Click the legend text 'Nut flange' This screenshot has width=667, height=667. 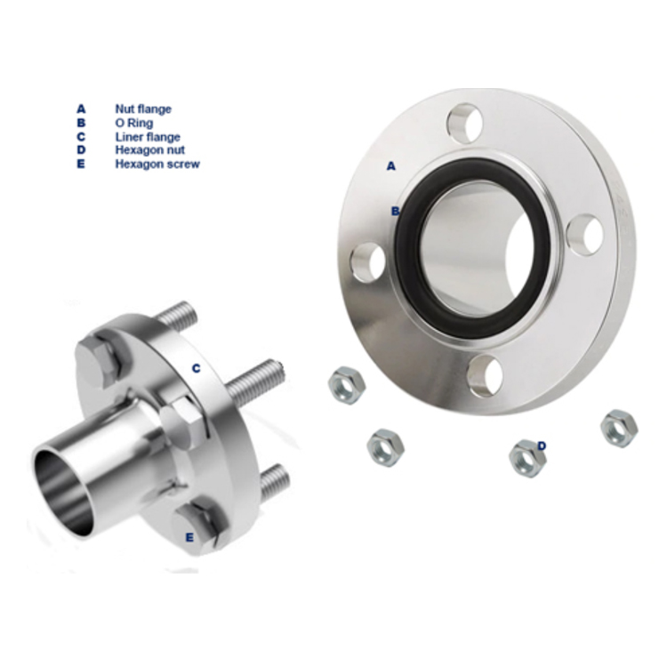click(x=142, y=109)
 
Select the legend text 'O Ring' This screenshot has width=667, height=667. click(x=133, y=123)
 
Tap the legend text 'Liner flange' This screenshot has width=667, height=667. click(x=147, y=137)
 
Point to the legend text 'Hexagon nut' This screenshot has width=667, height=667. click(x=149, y=150)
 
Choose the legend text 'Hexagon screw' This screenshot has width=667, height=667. click(x=157, y=165)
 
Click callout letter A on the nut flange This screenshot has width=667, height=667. click(x=390, y=165)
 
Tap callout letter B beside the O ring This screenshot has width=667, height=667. click(x=395, y=211)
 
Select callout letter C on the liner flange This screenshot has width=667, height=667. click(x=196, y=367)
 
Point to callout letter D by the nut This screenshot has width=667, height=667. click(x=541, y=445)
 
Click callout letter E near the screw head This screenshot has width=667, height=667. click(x=189, y=536)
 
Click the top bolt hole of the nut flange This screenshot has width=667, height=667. click(x=464, y=123)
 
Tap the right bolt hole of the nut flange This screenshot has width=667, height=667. click(x=585, y=236)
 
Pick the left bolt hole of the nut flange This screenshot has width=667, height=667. click(x=367, y=263)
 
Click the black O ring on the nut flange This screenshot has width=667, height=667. click(x=411, y=267)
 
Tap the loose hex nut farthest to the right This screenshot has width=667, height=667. click(x=619, y=428)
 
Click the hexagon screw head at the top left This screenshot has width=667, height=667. click(x=98, y=360)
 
